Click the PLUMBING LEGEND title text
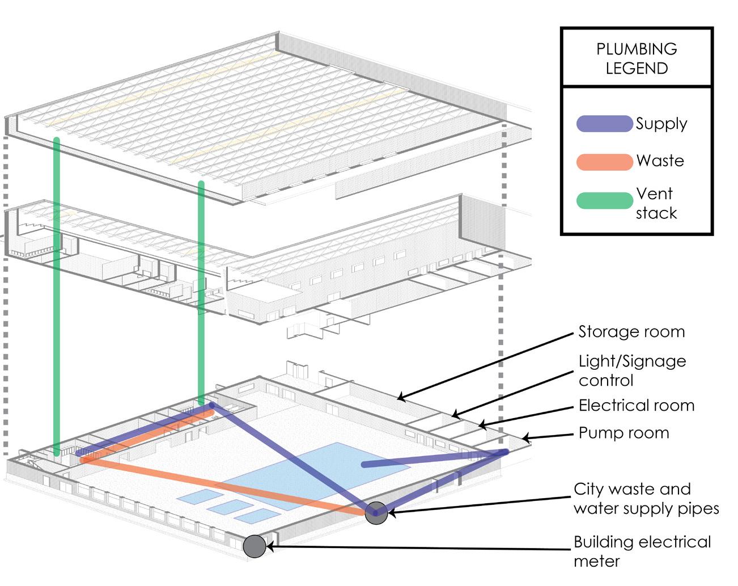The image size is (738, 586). pyautogui.click(x=637, y=58)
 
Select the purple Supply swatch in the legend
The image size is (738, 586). pyautogui.click(x=604, y=124)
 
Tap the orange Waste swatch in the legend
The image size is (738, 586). pyautogui.click(x=604, y=162)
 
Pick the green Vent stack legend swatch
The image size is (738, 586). pyautogui.click(x=604, y=200)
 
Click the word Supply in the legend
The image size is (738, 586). pyautogui.click(x=661, y=124)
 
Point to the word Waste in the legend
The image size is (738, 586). pyautogui.click(x=660, y=161)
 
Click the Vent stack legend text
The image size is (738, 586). pyautogui.click(x=656, y=203)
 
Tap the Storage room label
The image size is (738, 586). pyautogui.click(x=631, y=332)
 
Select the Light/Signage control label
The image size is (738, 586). pyautogui.click(x=632, y=370)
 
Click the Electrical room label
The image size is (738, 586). pyautogui.click(x=636, y=406)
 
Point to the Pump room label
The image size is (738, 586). pyautogui.click(x=624, y=433)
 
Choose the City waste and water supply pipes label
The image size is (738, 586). pyautogui.click(x=646, y=499)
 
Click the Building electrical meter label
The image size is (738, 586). pyautogui.click(x=642, y=551)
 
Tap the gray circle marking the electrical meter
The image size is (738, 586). pyautogui.click(x=255, y=546)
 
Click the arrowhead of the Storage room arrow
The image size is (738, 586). pyautogui.click(x=400, y=397)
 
